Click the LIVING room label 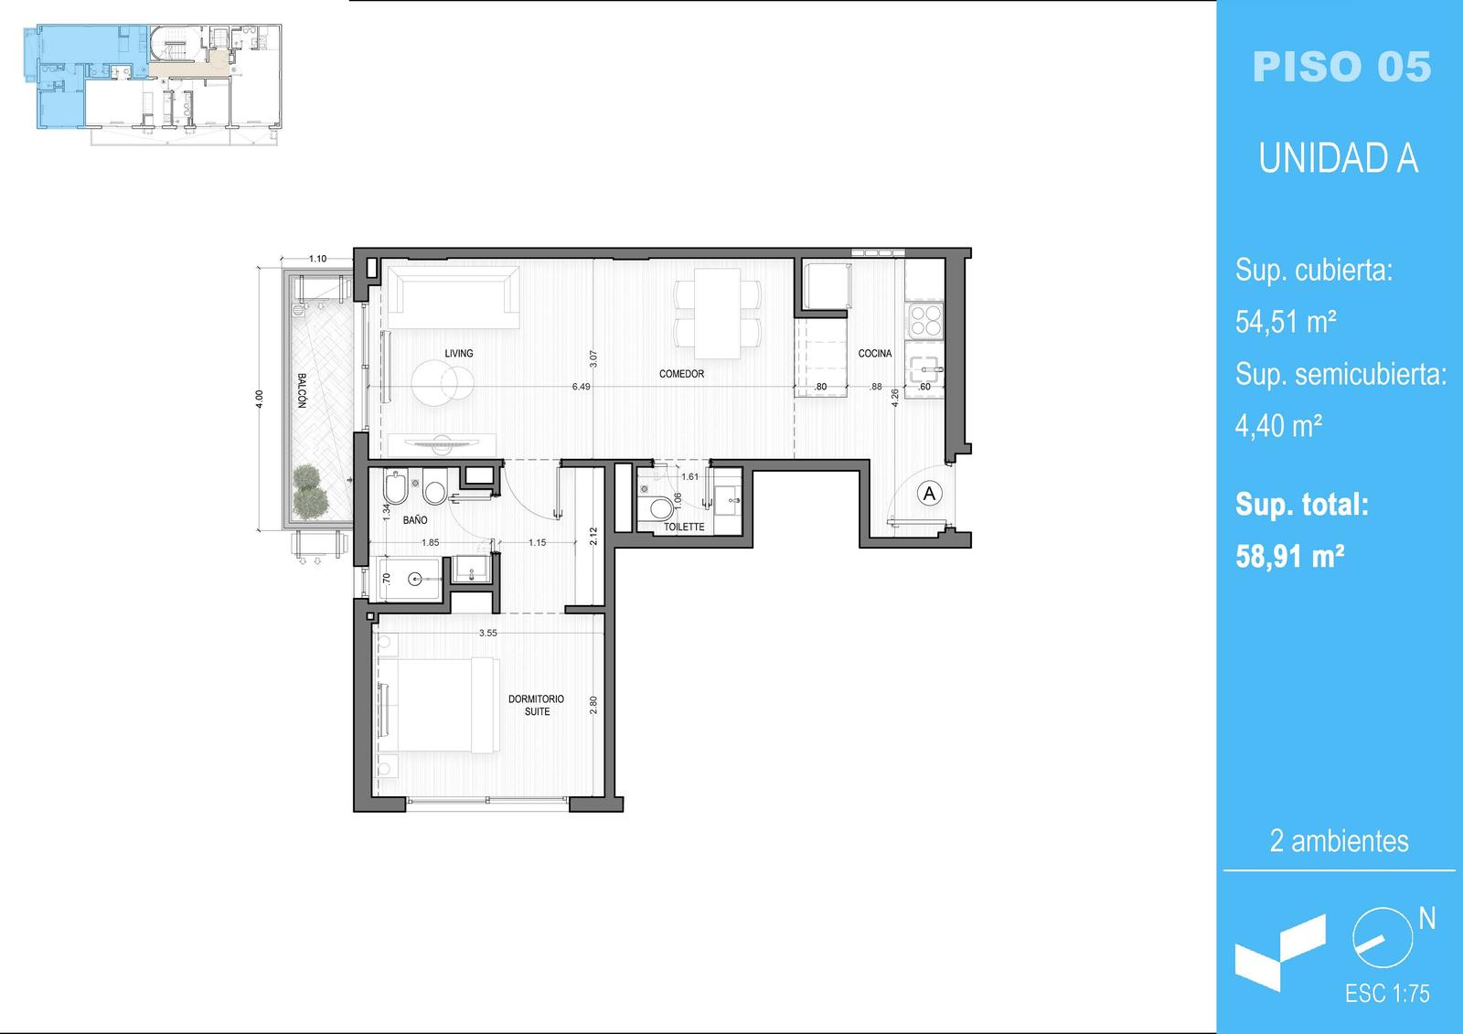pos(458,354)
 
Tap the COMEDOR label pos(681,374)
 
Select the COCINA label pos(874,354)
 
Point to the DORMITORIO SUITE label pos(536,705)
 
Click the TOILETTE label pos(684,527)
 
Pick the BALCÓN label pos(302,390)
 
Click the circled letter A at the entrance pos(929,493)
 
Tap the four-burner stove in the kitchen pos(924,320)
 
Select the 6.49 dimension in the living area pos(581,387)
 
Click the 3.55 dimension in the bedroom pos(488,633)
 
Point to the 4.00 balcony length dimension pos(260,399)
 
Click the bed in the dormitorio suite pos(438,706)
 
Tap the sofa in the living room pos(454,298)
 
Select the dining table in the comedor pos(717,314)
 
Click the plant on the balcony pos(310,491)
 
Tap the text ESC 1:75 pos(1387,994)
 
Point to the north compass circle pos(1383,938)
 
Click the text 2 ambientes pos(1339,841)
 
